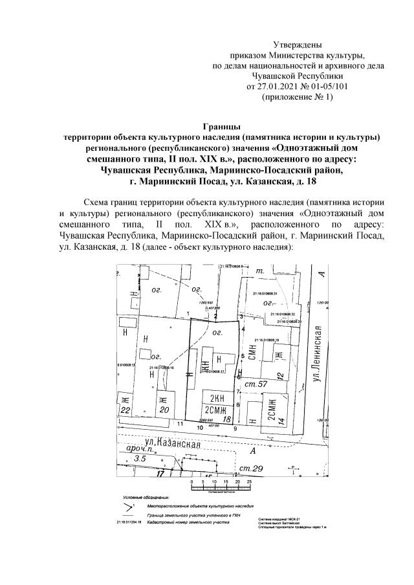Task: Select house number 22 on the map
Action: (125, 410)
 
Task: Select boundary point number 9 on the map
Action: (235, 428)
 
